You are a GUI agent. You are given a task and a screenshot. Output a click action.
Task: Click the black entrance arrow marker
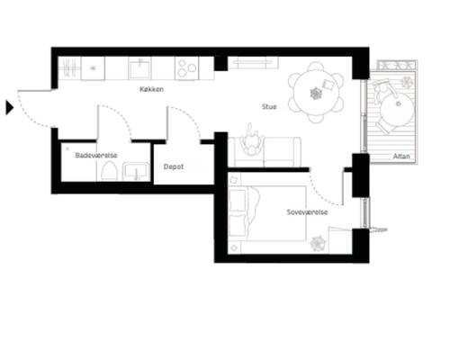click(9, 107)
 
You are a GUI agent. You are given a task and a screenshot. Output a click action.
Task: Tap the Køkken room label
click(151, 89)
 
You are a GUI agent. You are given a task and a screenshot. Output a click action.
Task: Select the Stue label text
click(269, 106)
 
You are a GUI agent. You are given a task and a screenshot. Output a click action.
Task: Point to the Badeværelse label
click(96, 155)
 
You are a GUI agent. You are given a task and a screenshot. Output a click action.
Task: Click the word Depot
click(174, 166)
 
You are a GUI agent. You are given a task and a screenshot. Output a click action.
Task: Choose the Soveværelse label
click(307, 212)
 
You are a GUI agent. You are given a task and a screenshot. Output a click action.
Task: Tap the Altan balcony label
click(401, 156)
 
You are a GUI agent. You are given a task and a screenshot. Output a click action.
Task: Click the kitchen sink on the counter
click(139, 68)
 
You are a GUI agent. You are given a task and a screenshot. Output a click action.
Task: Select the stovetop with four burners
click(186, 68)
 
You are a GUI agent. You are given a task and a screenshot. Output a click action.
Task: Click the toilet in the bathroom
click(109, 171)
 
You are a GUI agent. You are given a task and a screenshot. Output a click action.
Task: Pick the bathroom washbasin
click(136, 171)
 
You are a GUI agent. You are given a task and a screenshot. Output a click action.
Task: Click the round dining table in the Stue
click(316, 93)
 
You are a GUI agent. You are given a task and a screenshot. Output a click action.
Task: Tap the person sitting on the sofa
click(252, 141)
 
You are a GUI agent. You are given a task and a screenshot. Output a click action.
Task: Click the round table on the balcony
click(397, 110)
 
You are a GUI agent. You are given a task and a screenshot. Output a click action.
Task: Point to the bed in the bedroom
click(267, 213)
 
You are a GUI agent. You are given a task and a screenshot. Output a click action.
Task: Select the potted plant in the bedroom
click(318, 243)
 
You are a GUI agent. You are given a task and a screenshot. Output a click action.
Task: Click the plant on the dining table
click(316, 94)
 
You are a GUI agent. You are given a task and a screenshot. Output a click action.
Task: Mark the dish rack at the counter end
click(69, 68)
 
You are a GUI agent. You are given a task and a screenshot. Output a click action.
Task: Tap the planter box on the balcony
click(397, 65)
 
